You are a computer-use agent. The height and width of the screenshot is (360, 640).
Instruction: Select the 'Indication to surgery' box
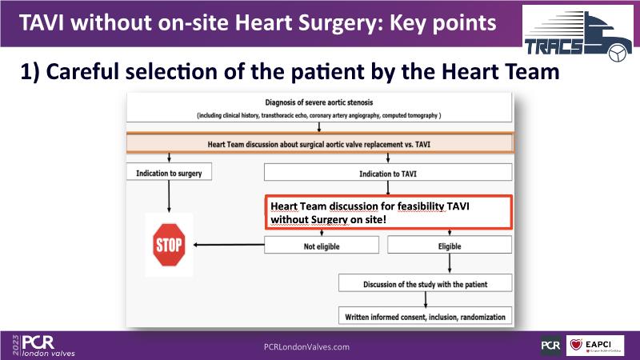pos(167,172)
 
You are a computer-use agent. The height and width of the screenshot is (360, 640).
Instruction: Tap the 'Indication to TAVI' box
pos(388,172)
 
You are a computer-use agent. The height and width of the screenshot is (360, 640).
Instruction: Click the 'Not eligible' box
pos(321,246)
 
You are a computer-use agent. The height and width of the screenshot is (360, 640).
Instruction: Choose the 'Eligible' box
pos(449,246)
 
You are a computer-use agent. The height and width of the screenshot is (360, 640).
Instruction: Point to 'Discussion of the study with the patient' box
pos(425,284)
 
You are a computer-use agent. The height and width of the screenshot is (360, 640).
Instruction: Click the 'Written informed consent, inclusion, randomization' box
pos(425,317)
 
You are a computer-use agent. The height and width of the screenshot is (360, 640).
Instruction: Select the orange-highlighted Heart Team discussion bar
pos(318,144)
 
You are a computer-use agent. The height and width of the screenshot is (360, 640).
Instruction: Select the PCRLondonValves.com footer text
pos(306,346)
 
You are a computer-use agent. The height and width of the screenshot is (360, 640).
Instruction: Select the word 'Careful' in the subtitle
pos(87,72)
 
